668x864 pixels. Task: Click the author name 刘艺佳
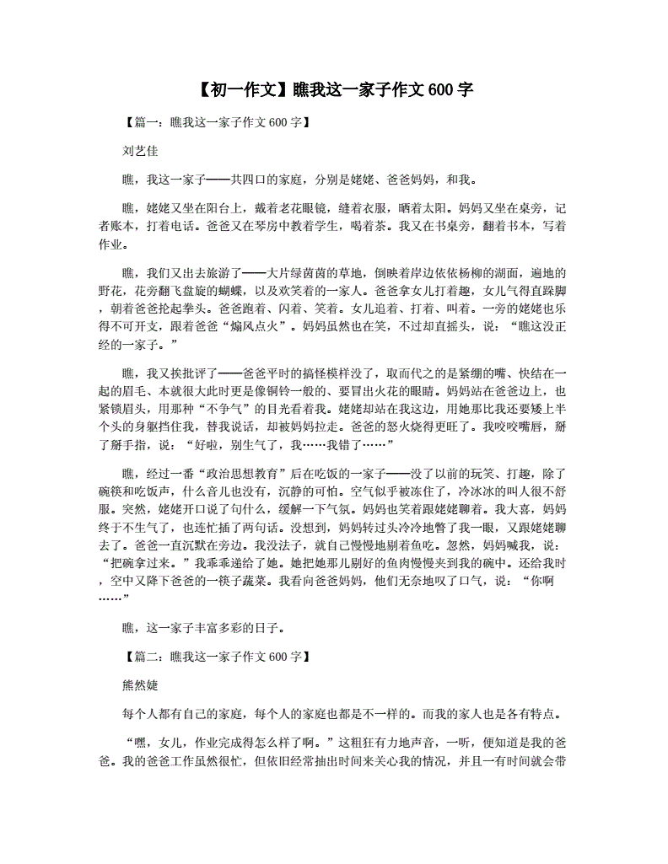[140, 151]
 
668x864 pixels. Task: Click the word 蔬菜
[245, 582]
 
